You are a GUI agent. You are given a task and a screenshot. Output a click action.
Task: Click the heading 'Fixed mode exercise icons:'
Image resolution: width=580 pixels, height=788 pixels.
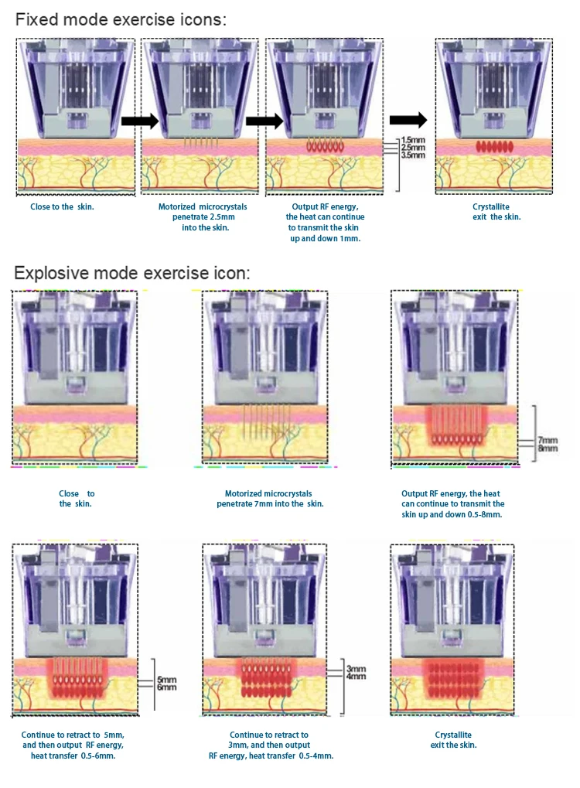[121, 19]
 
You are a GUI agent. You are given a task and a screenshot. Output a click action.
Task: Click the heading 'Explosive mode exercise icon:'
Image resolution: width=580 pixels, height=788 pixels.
[132, 273]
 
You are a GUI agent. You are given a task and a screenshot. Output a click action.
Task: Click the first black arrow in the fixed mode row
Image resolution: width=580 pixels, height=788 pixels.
[139, 121]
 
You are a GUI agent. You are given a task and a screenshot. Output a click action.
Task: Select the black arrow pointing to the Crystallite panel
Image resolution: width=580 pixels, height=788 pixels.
[408, 120]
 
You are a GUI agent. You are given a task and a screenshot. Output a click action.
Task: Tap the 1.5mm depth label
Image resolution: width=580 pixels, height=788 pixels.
[414, 141]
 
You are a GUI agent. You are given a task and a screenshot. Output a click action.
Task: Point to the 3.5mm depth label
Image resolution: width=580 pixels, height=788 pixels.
[414, 155]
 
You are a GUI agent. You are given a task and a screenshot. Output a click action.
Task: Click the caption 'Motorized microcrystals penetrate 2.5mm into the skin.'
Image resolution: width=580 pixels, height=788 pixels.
[195, 217]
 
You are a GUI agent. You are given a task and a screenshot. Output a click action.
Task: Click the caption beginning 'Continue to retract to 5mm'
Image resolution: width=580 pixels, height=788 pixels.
[73, 745]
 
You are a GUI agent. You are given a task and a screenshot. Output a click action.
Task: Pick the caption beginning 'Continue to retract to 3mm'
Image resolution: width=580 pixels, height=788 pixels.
[269, 745]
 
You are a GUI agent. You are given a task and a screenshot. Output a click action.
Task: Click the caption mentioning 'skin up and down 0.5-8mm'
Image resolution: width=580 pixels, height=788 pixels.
[452, 503]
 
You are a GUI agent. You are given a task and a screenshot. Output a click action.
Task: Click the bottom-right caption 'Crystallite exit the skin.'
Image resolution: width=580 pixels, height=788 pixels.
[453, 739]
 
